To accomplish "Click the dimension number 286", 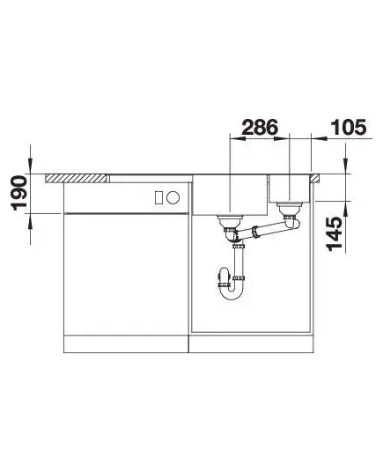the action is tap(260, 128).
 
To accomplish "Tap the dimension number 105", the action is tap(349, 128).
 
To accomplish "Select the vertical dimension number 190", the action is tap(19, 193).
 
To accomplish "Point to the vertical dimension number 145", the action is tap(335, 233).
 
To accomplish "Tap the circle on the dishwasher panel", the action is tap(173, 198).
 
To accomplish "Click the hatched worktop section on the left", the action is tap(76, 178).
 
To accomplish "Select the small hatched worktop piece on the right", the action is tap(315, 178).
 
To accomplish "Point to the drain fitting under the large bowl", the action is tap(230, 224).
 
